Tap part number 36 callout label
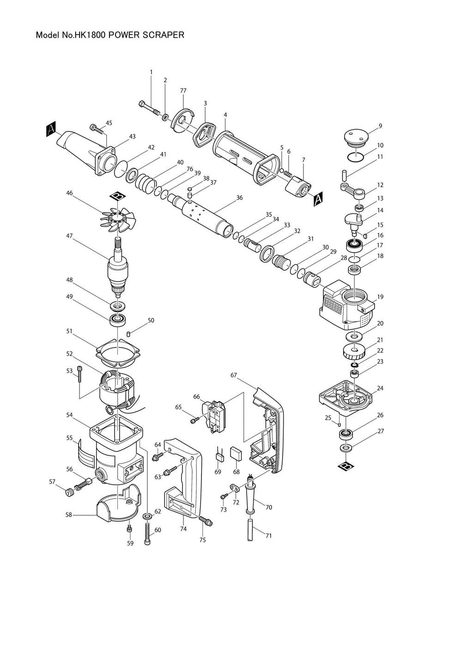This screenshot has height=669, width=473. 239,198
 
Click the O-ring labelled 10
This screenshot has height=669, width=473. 356,156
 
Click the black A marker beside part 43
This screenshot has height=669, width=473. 51,131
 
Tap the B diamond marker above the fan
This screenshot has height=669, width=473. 119,196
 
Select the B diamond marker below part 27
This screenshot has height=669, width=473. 346,466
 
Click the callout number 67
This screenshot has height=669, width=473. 234,375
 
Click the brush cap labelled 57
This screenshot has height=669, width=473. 69,492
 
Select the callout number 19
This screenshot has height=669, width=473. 380,297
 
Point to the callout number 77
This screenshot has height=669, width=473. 183,90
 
